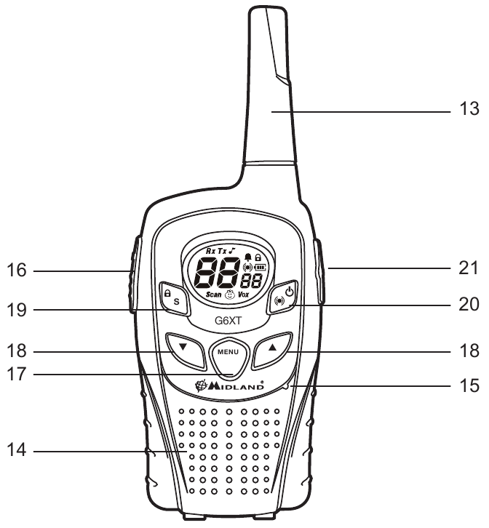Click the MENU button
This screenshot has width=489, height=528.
[x=228, y=357]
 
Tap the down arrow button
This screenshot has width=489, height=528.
[x=186, y=351]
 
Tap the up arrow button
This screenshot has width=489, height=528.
[x=272, y=351]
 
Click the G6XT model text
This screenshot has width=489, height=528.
[x=228, y=321]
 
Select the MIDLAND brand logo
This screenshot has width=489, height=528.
[x=229, y=385]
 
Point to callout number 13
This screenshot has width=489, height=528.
[x=469, y=109]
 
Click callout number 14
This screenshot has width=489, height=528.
[x=17, y=449]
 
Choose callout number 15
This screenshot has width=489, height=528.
[x=469, y=385]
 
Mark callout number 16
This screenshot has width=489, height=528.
[x=17, y=270]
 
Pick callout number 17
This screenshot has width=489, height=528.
[x=17, y=374]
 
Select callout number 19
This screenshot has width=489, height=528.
[x=17, y=310]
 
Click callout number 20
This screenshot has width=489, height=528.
[x=469, y=304]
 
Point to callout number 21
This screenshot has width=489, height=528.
[x=469, y=268]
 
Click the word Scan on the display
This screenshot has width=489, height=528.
[x=214, y=295]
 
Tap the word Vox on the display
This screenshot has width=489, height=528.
[x=243, y=295]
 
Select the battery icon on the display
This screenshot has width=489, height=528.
[x=261, y=268]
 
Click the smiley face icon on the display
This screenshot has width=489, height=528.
[x=230, y=295]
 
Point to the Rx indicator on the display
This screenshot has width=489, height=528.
[x=211, y=251]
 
